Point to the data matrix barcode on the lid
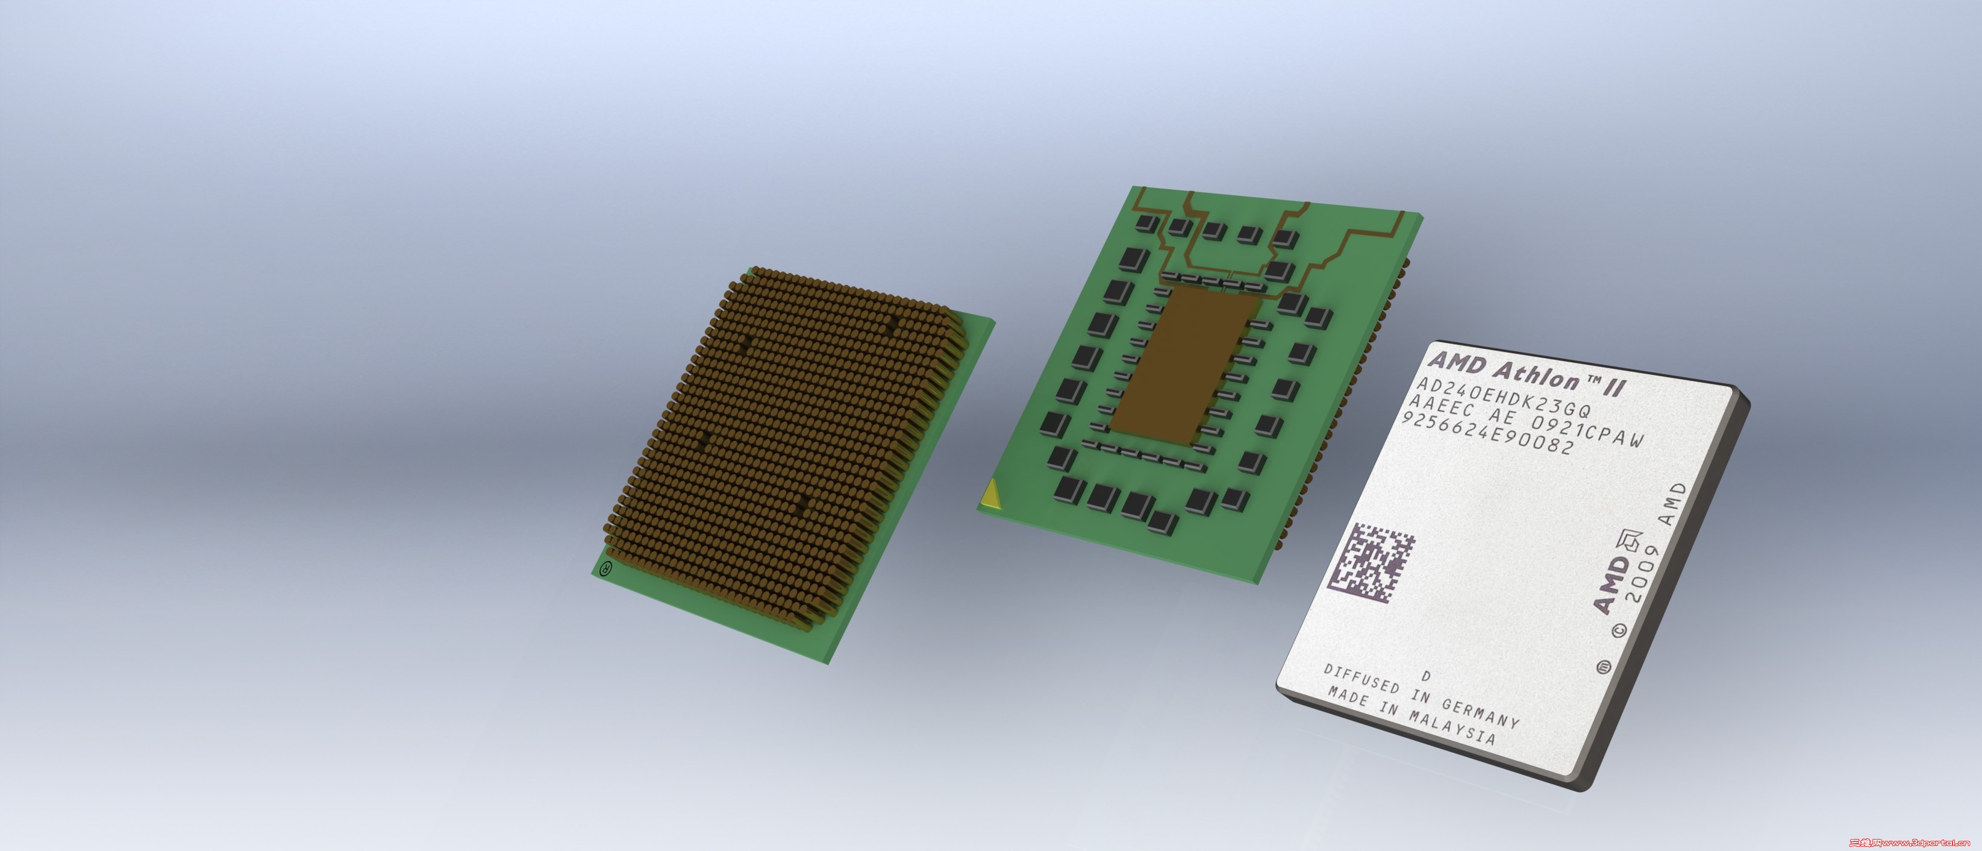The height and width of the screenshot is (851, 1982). tap(1371, 564)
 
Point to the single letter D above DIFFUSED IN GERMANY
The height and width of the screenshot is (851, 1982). tap(1426, 676)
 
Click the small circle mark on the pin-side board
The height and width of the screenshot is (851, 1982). tap(606, 570)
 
